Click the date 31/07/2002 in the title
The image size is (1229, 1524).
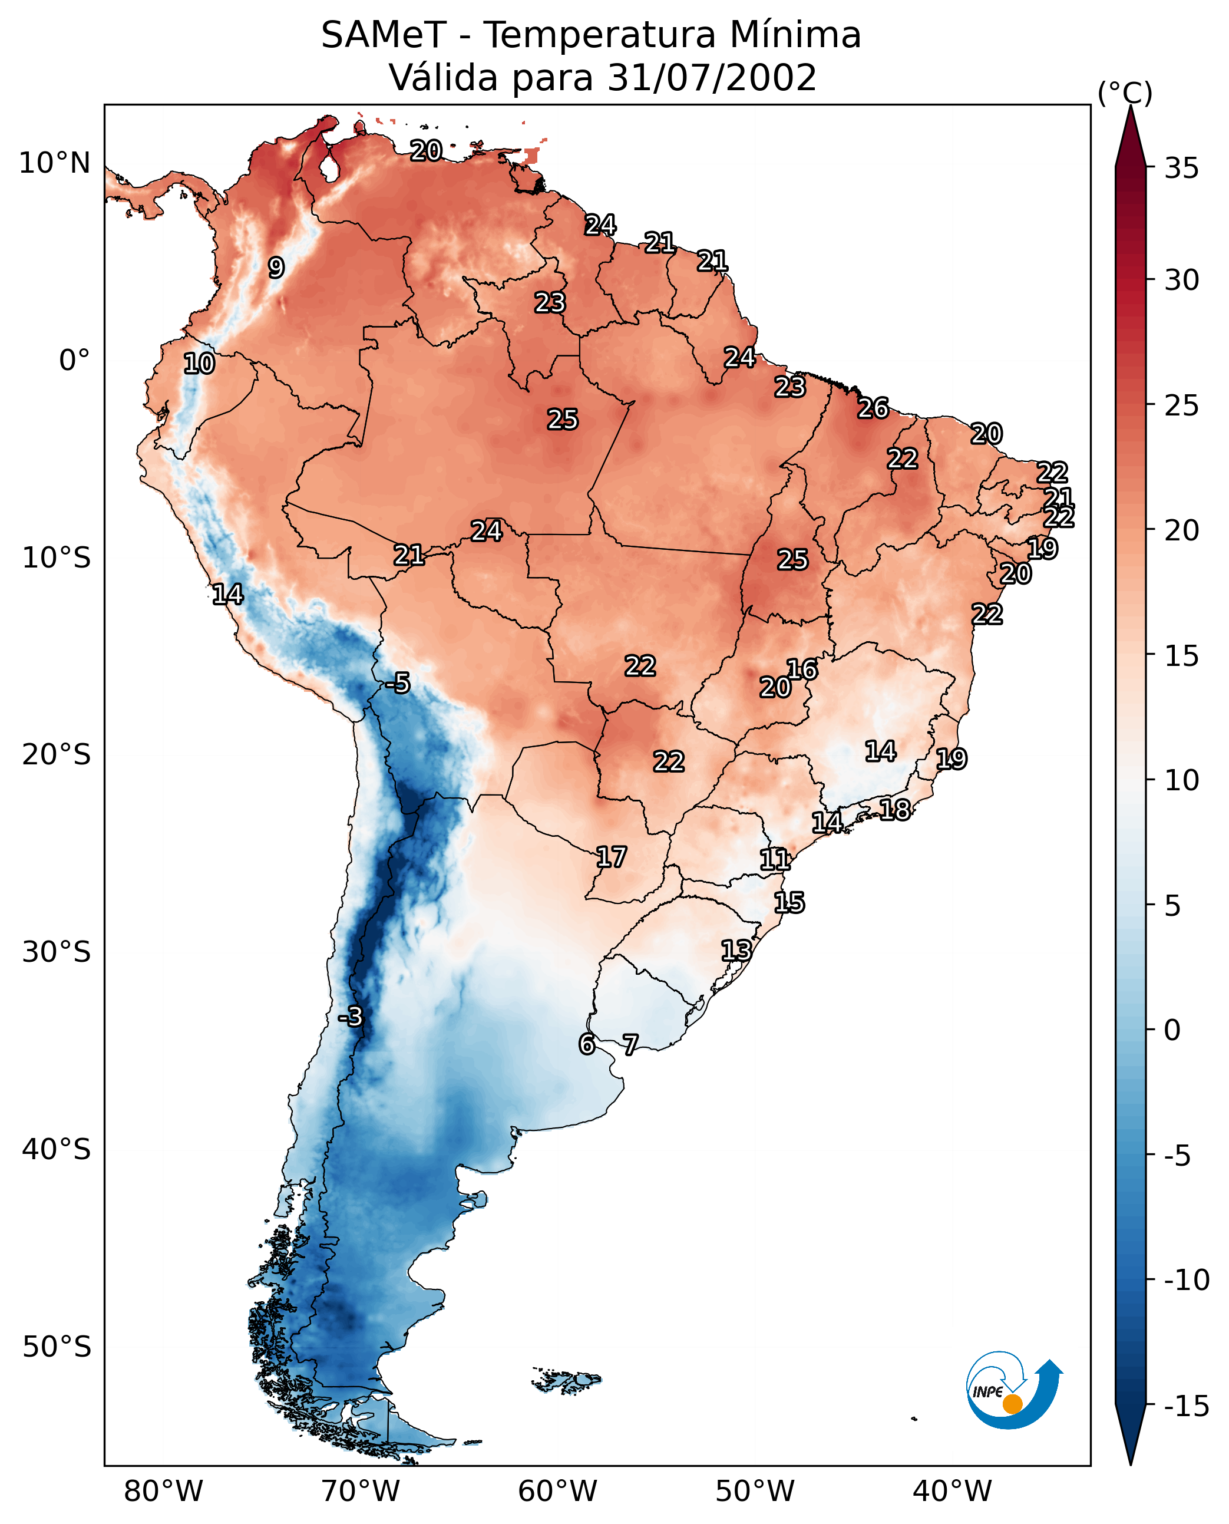click(712, 78)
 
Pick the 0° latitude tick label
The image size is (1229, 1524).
click(74, 361)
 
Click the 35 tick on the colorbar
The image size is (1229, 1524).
click(1181, 169)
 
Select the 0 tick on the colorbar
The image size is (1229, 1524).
click(1172, 1030)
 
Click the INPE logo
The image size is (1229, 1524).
click(1014, 1388)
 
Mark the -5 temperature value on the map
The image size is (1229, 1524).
click(398, 684)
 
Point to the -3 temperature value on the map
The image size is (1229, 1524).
click(350, 1016)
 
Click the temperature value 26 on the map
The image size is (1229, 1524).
click(873, 408)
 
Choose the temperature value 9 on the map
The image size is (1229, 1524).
click(276, 268)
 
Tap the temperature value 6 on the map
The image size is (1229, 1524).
click(587, 1044)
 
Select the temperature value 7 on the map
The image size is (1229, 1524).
click(630, 1044)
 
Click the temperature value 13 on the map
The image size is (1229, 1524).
click(736, 951)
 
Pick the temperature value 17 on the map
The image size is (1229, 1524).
click(611, 857)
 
